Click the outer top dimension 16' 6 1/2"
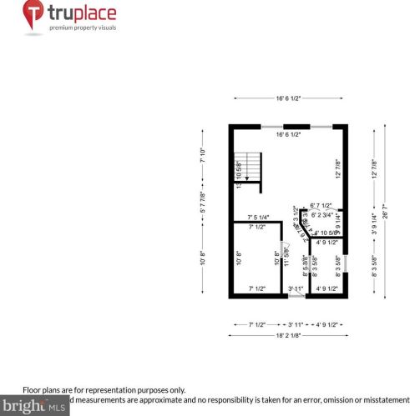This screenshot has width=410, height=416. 288,98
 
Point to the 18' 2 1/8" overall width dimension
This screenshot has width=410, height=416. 288,336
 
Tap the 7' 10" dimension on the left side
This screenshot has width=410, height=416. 202,155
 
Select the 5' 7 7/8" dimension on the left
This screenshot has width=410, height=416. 202,203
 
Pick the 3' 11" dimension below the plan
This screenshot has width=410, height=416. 296,323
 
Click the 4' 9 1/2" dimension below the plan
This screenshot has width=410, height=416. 328,323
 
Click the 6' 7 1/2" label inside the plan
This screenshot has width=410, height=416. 321,205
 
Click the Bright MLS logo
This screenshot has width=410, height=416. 34,407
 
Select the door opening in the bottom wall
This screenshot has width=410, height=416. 296,296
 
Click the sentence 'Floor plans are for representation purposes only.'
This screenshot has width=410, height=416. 104,389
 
